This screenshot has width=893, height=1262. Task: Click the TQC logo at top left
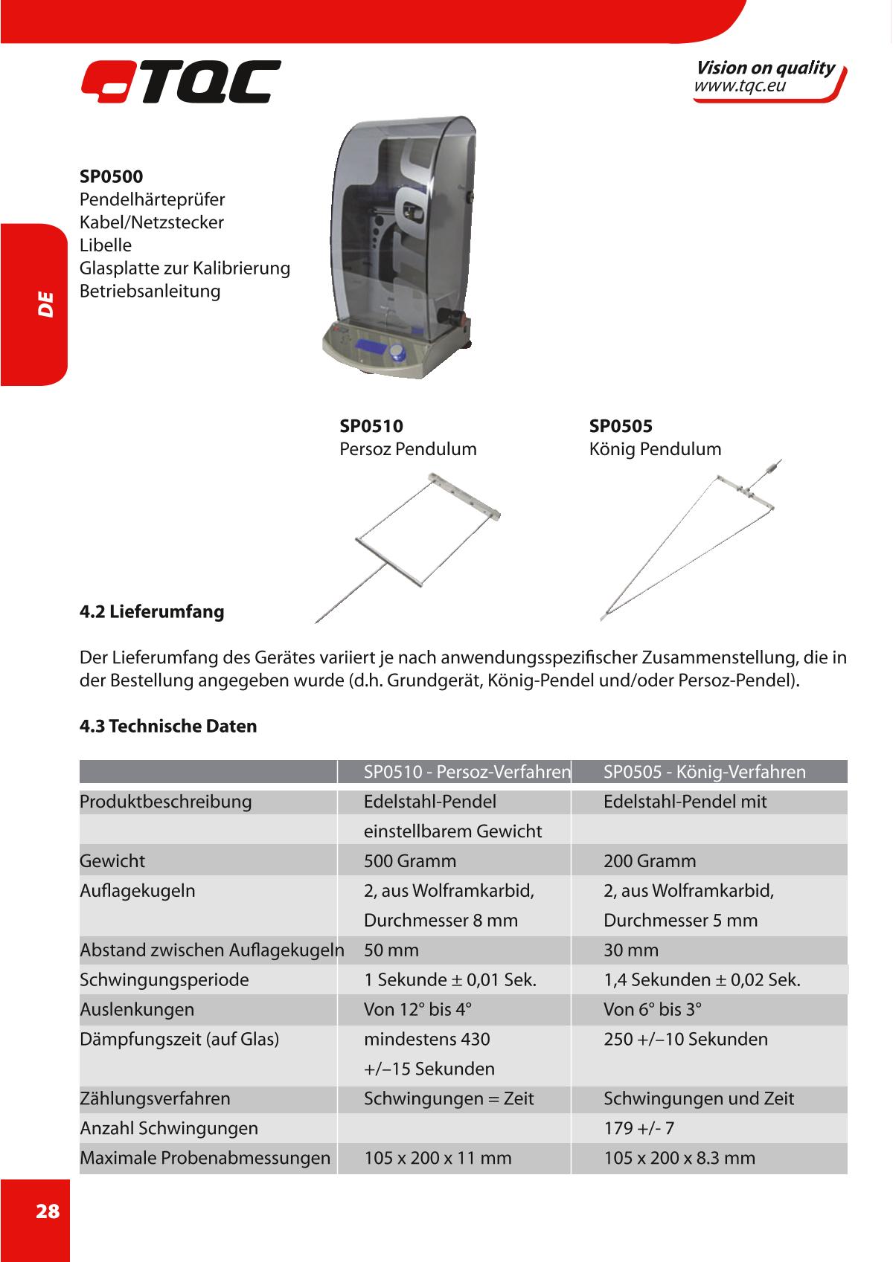tap(181, 81)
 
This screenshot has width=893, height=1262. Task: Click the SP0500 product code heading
tap(112, 176)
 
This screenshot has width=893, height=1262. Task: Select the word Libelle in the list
tap(106, 245)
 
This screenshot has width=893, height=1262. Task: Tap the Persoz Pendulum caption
tap(408, 449)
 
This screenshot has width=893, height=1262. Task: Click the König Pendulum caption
tap(655, 449)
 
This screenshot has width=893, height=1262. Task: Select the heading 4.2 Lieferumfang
tap(152, 612)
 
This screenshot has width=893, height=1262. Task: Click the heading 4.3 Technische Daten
tap(168, 726)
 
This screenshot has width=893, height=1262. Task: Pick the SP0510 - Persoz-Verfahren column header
tap(467, 772)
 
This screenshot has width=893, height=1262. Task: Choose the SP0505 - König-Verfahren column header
tap(704, 772)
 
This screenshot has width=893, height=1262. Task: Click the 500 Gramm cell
tap(410, 861)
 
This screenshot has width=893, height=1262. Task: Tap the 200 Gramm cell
tap(650, 861)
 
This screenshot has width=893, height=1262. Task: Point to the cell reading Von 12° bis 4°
tap(418, 1009)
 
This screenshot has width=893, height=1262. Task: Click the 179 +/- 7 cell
tap(638, 1128)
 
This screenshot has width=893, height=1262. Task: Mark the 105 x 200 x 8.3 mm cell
tap(679, 1158)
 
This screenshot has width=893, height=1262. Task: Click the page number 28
tap(47, 1211)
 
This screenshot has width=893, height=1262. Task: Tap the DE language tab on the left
tap(45, 304)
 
